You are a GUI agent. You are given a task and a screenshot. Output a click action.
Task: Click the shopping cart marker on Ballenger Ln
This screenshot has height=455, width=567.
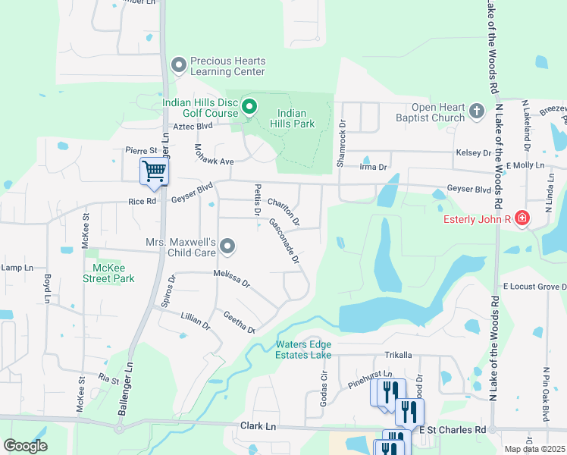[154, 171]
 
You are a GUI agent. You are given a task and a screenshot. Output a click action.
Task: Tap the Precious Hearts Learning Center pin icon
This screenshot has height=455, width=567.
[179, 66]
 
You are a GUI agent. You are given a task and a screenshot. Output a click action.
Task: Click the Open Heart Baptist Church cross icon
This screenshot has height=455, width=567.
[477, 112]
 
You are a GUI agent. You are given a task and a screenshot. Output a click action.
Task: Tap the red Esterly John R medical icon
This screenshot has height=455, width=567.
[522, 220]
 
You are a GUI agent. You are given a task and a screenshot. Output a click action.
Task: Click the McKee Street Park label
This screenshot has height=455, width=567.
[108, 273]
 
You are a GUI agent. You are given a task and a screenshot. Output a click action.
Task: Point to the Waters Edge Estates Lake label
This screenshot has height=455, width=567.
[304, 350]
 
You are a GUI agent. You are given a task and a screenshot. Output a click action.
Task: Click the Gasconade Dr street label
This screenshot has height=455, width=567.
[284, 242]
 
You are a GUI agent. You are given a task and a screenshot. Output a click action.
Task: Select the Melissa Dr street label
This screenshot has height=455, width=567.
[231, 278]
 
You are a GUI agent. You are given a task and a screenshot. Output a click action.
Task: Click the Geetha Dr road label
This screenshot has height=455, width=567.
[239, 322]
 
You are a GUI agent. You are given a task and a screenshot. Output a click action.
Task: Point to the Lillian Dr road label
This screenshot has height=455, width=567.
[195, 320]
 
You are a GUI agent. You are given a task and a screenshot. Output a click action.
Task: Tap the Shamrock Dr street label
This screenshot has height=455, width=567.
[342, 144]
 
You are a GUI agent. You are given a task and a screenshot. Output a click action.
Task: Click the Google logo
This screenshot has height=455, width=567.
[25, 446]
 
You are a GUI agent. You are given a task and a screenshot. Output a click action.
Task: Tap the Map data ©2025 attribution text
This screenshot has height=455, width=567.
[534, 449]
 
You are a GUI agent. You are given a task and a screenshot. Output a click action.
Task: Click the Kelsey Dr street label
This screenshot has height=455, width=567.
[473, 152]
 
